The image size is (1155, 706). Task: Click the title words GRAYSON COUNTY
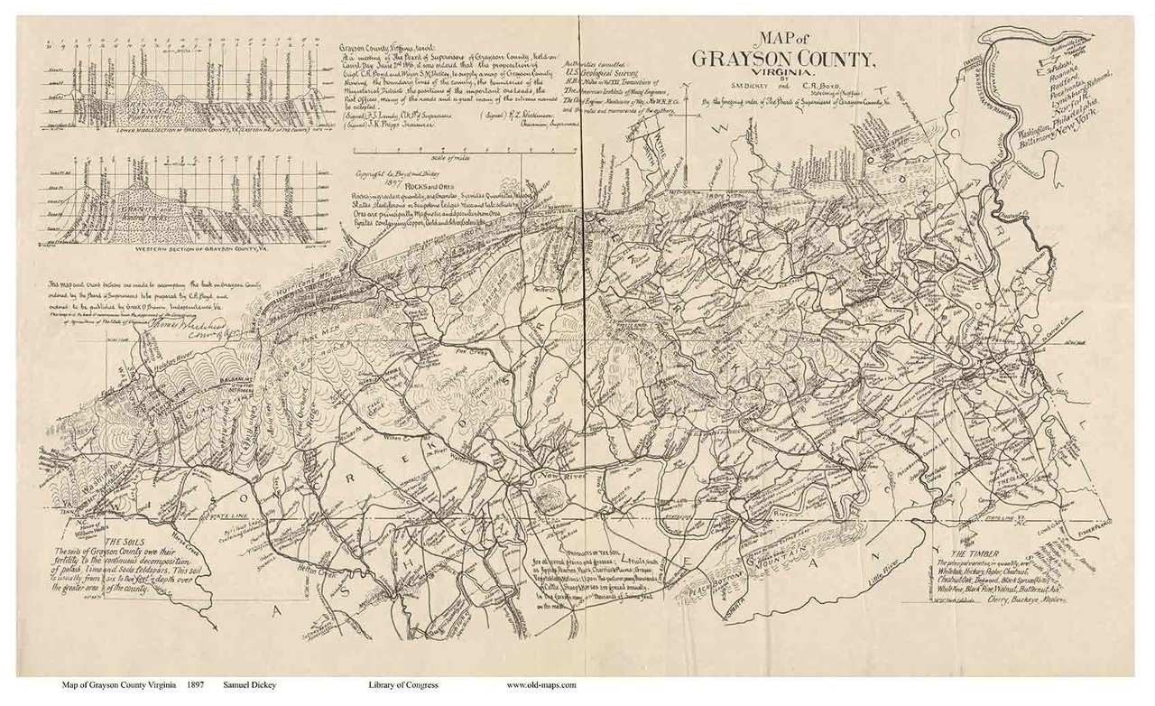point(783,59)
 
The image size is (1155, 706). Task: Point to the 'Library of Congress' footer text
point(403,685)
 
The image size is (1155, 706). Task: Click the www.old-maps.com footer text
point(541,685)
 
